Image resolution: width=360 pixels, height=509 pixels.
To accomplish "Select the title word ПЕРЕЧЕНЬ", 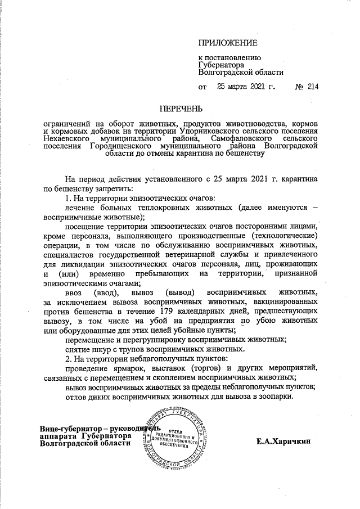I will tap(179, 109).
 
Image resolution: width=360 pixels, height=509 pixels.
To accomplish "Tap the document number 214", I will tap(313, 87).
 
